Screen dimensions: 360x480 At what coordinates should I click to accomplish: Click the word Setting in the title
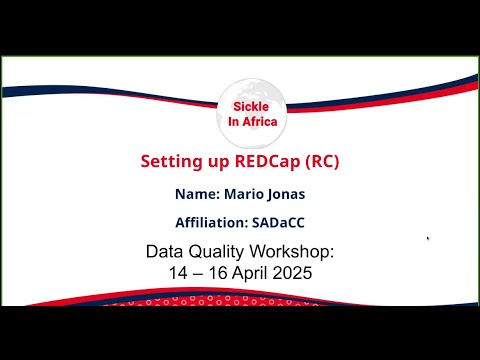coord(169,160)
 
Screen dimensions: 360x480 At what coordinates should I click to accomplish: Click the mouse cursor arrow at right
coord(428,239)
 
